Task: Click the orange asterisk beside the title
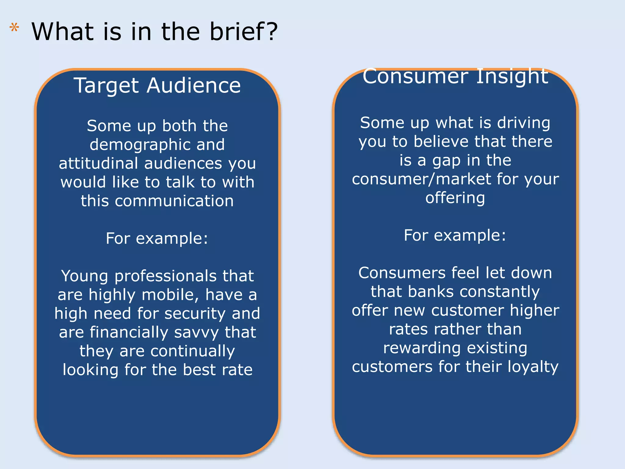[x=14, y=28]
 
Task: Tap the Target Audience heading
[x=157, y=85]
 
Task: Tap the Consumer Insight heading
[x=455, y=76]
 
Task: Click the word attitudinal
[x=98, y=163]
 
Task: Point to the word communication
[x=174, y=201]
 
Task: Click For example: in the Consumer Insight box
[x=455, y=235]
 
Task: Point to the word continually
[x=193, y=351]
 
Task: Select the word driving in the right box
[x=524, y=123]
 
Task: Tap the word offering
[x=455, y=198]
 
